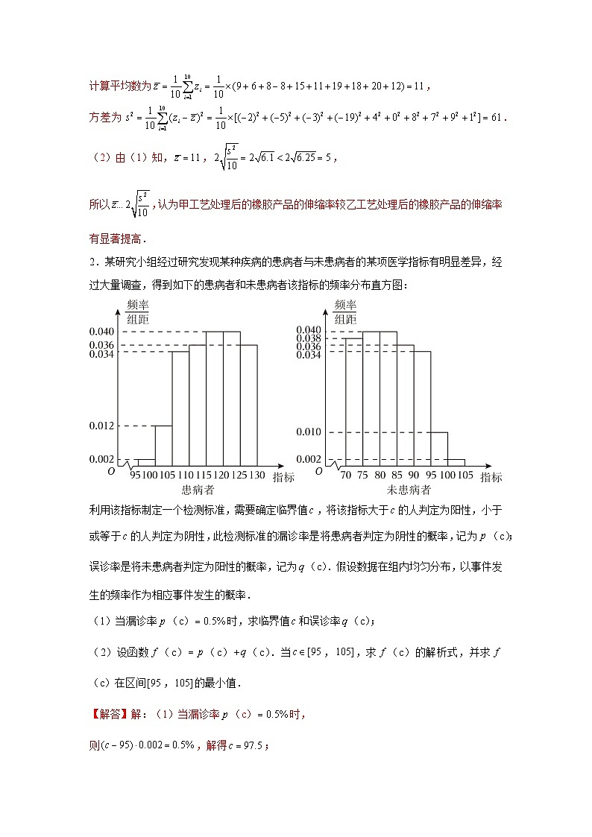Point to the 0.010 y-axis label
309,432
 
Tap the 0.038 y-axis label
309,338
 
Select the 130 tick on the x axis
256,475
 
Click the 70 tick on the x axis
345,475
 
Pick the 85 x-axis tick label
397,475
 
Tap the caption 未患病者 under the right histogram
409,490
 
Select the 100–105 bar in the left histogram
163,445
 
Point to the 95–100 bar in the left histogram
146,461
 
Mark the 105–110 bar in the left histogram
180,408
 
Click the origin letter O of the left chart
111,471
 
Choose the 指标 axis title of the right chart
491,477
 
